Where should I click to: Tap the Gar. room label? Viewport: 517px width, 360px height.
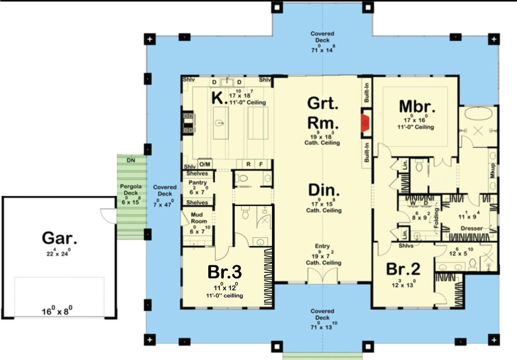pos(60,238)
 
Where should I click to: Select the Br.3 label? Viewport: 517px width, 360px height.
pos(224,272)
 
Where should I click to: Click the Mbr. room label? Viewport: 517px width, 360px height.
pos(417,106)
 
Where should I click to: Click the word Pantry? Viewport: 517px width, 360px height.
pos(197,182)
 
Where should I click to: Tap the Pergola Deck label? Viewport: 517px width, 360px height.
pos(129,189)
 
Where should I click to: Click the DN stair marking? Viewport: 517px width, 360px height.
pos(131,160)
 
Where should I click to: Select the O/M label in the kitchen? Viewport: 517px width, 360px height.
pos(205,164)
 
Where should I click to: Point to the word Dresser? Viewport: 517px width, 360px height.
pos(471,228)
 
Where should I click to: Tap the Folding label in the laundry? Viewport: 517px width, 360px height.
pos(436,215)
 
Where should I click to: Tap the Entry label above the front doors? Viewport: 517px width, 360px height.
pos(322,246)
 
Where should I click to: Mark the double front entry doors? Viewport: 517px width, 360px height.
pos(322,276)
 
